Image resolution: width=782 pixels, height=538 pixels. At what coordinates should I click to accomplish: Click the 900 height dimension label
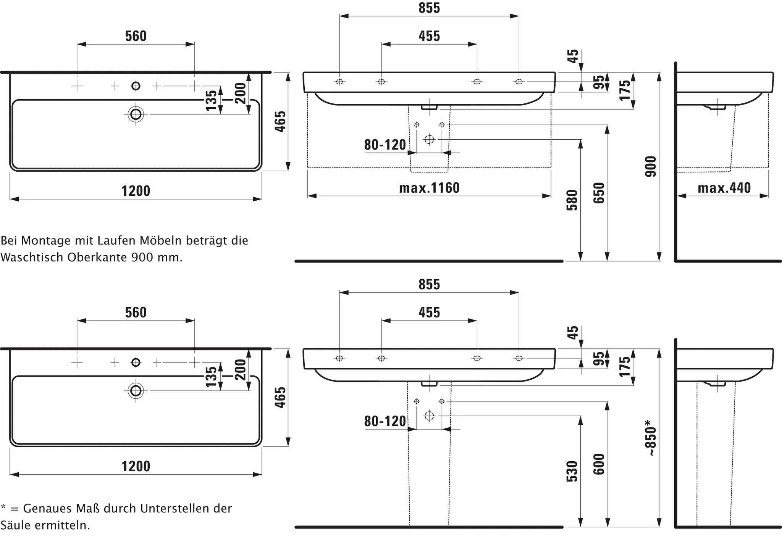[x=651, y=166]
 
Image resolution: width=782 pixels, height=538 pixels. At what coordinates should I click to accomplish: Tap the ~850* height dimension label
[x=651, y=438]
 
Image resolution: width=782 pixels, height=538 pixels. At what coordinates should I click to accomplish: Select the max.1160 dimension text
[x=429, y=188]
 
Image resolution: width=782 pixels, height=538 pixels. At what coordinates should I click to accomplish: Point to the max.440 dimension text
[x=724, y=188]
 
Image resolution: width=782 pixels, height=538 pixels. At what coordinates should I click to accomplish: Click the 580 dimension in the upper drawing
[x=572, y=200]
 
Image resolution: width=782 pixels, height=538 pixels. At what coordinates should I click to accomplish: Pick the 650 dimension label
[x=599, y=193]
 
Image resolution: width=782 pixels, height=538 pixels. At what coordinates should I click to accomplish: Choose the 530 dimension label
[x=572, y=472]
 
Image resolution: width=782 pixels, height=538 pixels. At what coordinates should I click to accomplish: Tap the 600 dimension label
[x=599, y=464]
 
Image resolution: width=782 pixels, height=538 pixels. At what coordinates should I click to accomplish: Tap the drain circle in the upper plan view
[x=136, y=114]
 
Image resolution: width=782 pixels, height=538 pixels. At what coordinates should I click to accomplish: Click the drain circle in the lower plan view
[x=136, y=391]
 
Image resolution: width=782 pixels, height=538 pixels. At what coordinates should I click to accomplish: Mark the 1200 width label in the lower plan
[x=136, y=466]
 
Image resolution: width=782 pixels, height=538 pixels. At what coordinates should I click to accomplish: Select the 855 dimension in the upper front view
[x=429, y=8]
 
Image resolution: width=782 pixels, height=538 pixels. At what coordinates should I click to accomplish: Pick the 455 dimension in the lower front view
[x=429, y=312]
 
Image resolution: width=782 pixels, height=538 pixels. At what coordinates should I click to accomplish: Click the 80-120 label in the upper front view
[x=385, y=145]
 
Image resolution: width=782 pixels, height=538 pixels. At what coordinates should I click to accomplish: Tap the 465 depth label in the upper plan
[x=280, y=121]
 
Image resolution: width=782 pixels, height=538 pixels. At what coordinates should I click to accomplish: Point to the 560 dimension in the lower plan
[x=136, y=312]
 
